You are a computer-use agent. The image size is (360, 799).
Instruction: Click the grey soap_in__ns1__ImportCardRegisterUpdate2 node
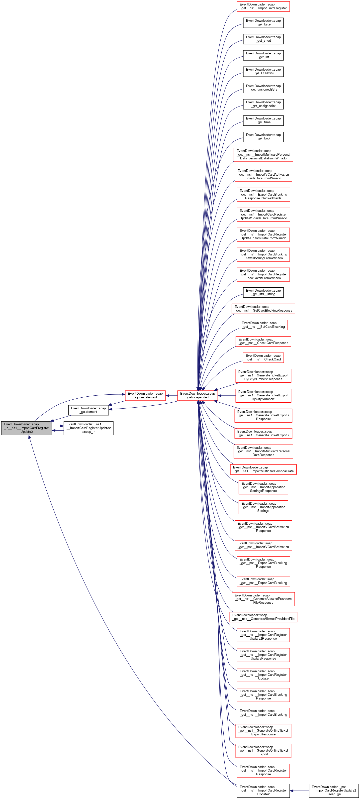[x=26, y=428]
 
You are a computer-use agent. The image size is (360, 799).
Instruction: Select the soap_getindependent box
[x=197, y=395]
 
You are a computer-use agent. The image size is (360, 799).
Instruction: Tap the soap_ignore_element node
[x=145, y=395]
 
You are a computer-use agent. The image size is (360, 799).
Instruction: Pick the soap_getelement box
[x=88, y=410]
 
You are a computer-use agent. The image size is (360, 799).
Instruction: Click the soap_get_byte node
[x=263, y=23]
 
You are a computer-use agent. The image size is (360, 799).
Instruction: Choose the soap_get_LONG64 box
[x=263, y=71]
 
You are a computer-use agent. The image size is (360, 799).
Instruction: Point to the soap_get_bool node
[x=263, y=136]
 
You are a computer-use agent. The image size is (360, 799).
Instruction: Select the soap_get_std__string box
[x=263, y=293]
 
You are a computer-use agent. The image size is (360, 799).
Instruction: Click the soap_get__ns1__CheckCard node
[x=263, y=358]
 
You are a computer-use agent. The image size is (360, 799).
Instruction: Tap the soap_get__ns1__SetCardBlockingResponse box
[x=263, y=309]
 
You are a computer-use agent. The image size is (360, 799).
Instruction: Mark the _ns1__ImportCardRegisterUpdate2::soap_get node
[x=334, y=790]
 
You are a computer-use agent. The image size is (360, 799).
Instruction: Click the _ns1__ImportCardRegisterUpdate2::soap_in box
[x=88, y=428]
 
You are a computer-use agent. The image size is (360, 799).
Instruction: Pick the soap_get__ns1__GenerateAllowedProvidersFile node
[x=263, y=617]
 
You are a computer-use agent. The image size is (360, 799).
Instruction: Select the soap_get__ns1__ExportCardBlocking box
[x=263, y=581]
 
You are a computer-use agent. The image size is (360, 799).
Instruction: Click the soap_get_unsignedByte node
[x=263, y=88]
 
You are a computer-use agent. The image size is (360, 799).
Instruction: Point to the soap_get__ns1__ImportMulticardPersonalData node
[x=263, y=469]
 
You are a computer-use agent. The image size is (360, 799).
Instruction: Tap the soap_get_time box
[x=263, y=120]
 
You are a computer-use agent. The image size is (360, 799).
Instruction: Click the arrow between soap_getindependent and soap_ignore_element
[x=172, y=395]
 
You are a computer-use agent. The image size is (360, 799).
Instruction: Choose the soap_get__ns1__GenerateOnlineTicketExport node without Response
[x=263, y=751]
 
